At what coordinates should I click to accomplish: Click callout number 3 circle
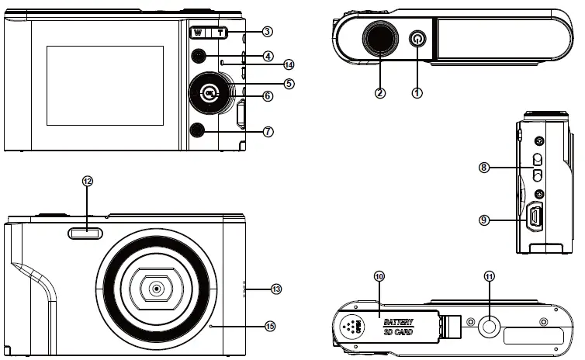[267, 33]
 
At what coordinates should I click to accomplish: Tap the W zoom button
[199, 33]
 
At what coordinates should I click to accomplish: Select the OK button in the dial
[209, 95]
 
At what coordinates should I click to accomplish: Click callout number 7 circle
[268, 132]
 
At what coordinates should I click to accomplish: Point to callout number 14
[268, 64]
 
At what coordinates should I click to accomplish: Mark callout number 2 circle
[380, 92]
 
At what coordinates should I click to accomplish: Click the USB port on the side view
[535, 218]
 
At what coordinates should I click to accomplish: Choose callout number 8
[484, 167]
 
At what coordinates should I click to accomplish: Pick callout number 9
[484, 220]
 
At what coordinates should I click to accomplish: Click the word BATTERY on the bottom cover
[398, 321]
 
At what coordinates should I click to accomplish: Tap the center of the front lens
[157, 289]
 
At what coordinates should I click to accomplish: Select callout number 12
[87, 181]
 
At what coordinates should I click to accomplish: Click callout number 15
[270, 326]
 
